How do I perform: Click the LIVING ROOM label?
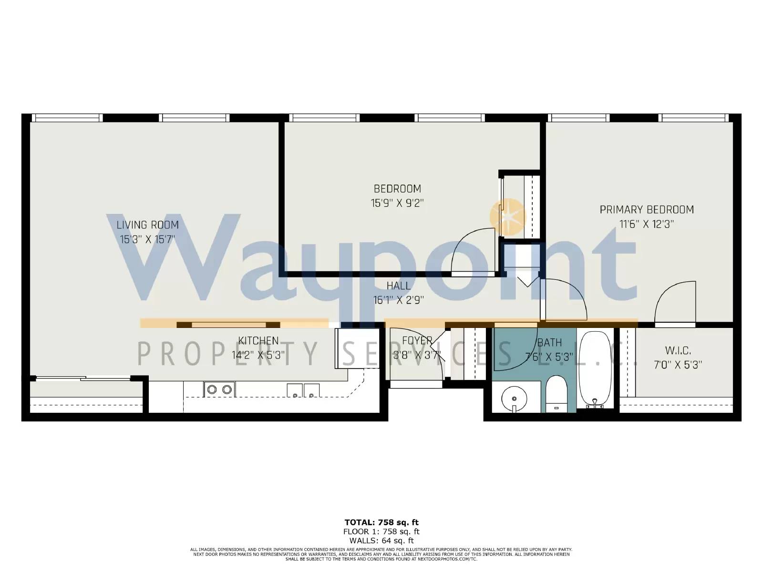pos(148,225)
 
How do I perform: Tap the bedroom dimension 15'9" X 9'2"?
pos(397,203)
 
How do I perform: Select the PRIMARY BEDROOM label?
pos(646,209)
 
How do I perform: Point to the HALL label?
pos(398,286)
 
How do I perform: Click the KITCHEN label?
pos(258,341)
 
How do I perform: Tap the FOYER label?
pos(417,341)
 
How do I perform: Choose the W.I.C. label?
pos(678,351)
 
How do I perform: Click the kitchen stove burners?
pos(219,389)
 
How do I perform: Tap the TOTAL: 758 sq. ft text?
pos(381,522)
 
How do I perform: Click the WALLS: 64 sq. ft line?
pos(381,541)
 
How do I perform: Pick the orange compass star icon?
pos(508,217)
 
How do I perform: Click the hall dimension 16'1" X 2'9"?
pos(398,300)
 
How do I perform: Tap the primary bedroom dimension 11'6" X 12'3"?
pos(646,224)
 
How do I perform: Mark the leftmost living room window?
pos(67,118)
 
